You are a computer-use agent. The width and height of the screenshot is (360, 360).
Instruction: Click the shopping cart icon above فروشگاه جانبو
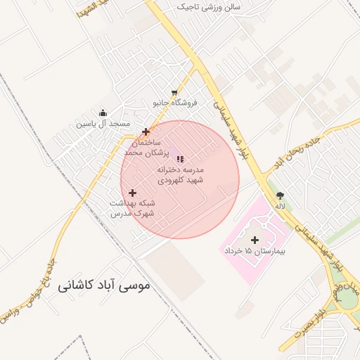174,93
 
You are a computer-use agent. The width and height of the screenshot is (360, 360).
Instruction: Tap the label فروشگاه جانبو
176,103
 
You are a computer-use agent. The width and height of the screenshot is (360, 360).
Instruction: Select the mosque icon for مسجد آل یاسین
103,113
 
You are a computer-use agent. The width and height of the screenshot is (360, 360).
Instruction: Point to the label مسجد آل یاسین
104,124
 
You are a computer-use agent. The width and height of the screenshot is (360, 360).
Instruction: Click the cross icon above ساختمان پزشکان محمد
146,131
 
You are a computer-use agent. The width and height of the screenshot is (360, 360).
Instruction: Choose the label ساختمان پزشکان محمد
143,147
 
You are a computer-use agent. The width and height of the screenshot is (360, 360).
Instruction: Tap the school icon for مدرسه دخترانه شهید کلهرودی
179,159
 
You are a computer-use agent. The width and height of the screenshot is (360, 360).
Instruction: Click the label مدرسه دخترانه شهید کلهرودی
180,175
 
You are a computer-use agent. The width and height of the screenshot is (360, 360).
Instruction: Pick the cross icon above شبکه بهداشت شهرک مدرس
132,193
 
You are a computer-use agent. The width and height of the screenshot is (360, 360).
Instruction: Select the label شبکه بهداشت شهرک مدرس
131,207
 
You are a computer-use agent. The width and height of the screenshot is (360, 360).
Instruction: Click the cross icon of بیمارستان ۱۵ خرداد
255,240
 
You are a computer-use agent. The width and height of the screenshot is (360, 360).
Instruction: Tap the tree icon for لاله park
281,195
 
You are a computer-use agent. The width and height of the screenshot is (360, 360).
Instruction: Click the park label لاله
281,206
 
